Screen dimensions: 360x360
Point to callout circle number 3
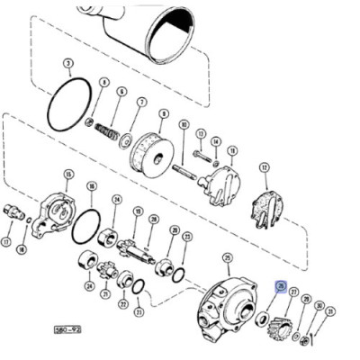68,63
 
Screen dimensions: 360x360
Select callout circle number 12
264,167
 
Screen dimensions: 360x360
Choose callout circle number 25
227,258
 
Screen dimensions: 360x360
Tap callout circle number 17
7,242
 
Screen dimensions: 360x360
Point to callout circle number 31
330,312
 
